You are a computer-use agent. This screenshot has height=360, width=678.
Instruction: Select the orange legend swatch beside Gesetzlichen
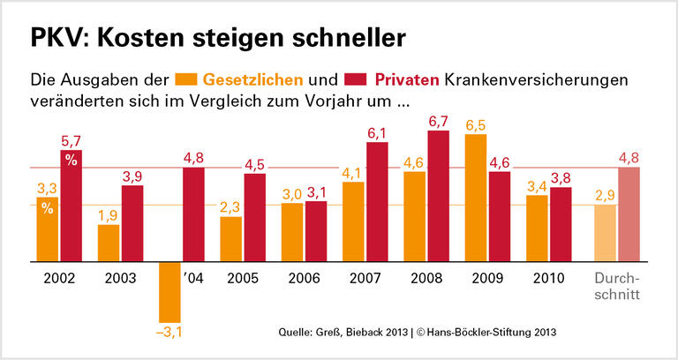(x=186, y=79)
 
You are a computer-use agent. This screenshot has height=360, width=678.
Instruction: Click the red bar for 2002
(x=71, y=206)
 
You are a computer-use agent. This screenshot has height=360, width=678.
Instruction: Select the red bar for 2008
(x=438, y=197)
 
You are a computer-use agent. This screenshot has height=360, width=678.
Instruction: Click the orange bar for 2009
(x=476, y=199)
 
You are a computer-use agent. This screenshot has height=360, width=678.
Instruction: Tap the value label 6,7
(x=439, y=121)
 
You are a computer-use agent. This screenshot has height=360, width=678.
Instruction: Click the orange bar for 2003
(x=109, y=244)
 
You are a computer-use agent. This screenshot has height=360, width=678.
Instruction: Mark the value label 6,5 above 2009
(x=476, y=124)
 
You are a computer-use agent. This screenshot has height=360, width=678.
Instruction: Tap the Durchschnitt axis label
(x=615, y=285)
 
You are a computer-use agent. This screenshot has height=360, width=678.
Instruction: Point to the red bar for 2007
(x=377, y=202)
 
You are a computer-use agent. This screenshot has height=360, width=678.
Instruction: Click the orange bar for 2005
(x=230, y=239)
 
